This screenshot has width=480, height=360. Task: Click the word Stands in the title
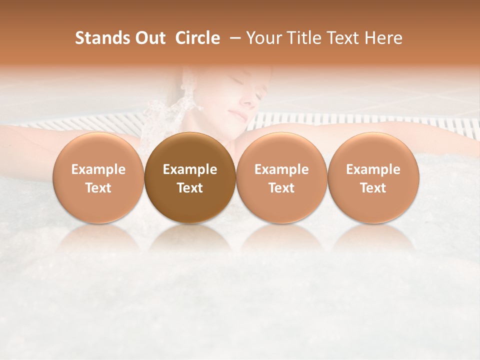coord(97,38)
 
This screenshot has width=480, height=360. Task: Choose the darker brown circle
coord(190,177)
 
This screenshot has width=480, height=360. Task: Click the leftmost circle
coord(98,177)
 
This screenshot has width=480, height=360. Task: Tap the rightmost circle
coord(373,177)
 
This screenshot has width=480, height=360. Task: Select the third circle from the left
coord(281,177)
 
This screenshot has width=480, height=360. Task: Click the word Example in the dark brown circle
coord(190,169)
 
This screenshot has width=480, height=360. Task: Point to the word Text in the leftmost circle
coord(98,188)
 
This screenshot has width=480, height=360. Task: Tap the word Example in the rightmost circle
coord(373,169)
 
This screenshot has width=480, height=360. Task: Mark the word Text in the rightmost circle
coord(373,188)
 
